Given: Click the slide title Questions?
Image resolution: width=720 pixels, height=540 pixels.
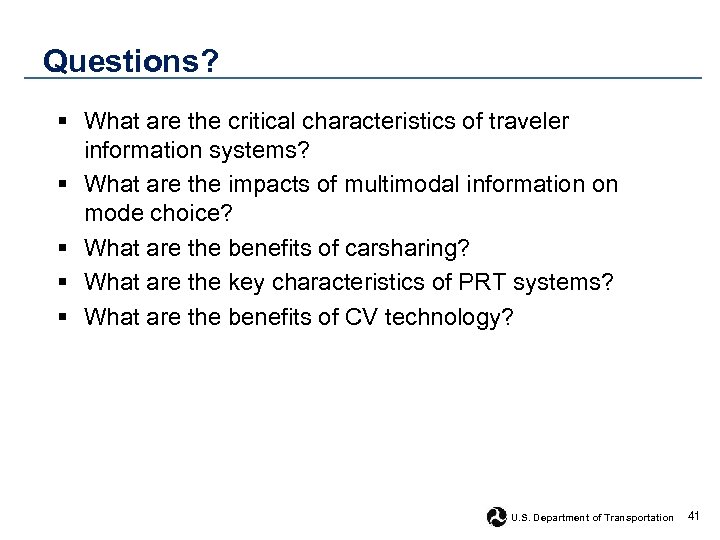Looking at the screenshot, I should pyautogui.click(x=130, y=62).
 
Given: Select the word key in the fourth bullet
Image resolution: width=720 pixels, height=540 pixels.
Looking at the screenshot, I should pyautogui.click(x=246, y=283).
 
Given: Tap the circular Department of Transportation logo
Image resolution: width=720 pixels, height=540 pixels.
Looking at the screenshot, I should pyautogui.click(x=497, y=517).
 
